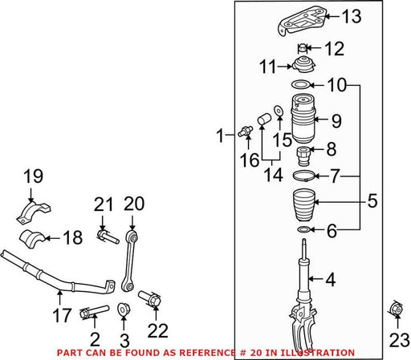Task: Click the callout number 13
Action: point(352,16)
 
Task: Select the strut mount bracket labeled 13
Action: point(303,21)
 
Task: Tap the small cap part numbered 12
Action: point(303,48)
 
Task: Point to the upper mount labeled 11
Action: point(303,66)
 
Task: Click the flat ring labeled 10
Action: point(300,84)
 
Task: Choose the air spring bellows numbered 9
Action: point(303,119)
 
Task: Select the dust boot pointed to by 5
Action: point(304,205)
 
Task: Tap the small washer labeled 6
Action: point(303,229)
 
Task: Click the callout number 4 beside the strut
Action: point(331,280)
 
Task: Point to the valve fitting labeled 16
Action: point(246,130)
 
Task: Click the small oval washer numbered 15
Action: point(279,110)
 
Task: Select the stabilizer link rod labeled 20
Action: point(130,261)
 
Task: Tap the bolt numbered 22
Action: point(150,299)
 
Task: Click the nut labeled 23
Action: point(396,309)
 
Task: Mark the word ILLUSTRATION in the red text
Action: point(317,353)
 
